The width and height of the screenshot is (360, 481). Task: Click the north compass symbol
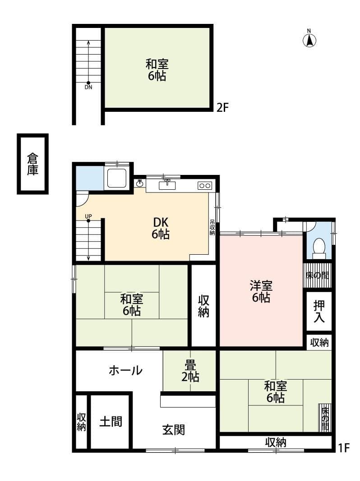tap(309, 40)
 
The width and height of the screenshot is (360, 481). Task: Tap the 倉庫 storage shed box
tap(32, 164)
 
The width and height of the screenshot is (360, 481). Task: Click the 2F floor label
tap(223, 108)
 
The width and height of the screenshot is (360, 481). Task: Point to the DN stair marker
tap(88, 85)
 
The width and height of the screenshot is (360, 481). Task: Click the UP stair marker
tap(88, 219)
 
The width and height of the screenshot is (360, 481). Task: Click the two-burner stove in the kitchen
tap(204, 185)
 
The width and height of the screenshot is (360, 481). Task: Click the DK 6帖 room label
tap(161, 228)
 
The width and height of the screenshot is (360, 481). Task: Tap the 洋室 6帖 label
tap(261, 291)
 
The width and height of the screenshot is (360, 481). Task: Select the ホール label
tap(125, 371)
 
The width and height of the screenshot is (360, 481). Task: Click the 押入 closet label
tap(319, 311)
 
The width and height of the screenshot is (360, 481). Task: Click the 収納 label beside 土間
tap(81, 422)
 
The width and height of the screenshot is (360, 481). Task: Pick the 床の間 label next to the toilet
tap(318, 275)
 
